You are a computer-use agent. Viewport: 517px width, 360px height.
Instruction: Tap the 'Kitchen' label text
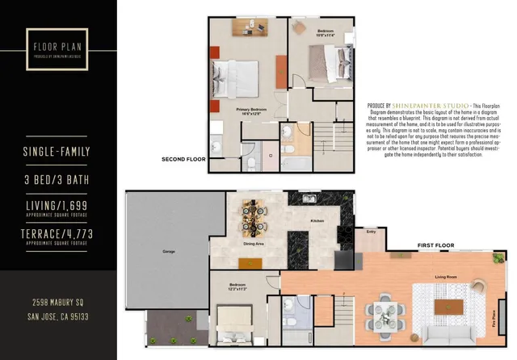tap(317, 220)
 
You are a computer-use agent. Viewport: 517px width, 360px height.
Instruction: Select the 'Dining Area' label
tap(254, 243)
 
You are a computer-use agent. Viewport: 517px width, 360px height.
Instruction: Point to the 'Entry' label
tap(371, 232)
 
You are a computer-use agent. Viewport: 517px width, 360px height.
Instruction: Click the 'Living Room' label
tap(447, 277)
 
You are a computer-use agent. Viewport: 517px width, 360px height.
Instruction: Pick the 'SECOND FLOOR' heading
tap(183, 159)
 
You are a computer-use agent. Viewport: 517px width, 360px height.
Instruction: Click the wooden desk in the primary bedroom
tap(250, 27)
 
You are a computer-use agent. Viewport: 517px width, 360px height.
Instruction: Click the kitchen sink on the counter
tap(309, 199)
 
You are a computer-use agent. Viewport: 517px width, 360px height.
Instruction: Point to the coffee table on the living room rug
tap(446, 308)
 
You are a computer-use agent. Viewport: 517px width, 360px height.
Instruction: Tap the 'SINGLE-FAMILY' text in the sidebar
tap(58, 152)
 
